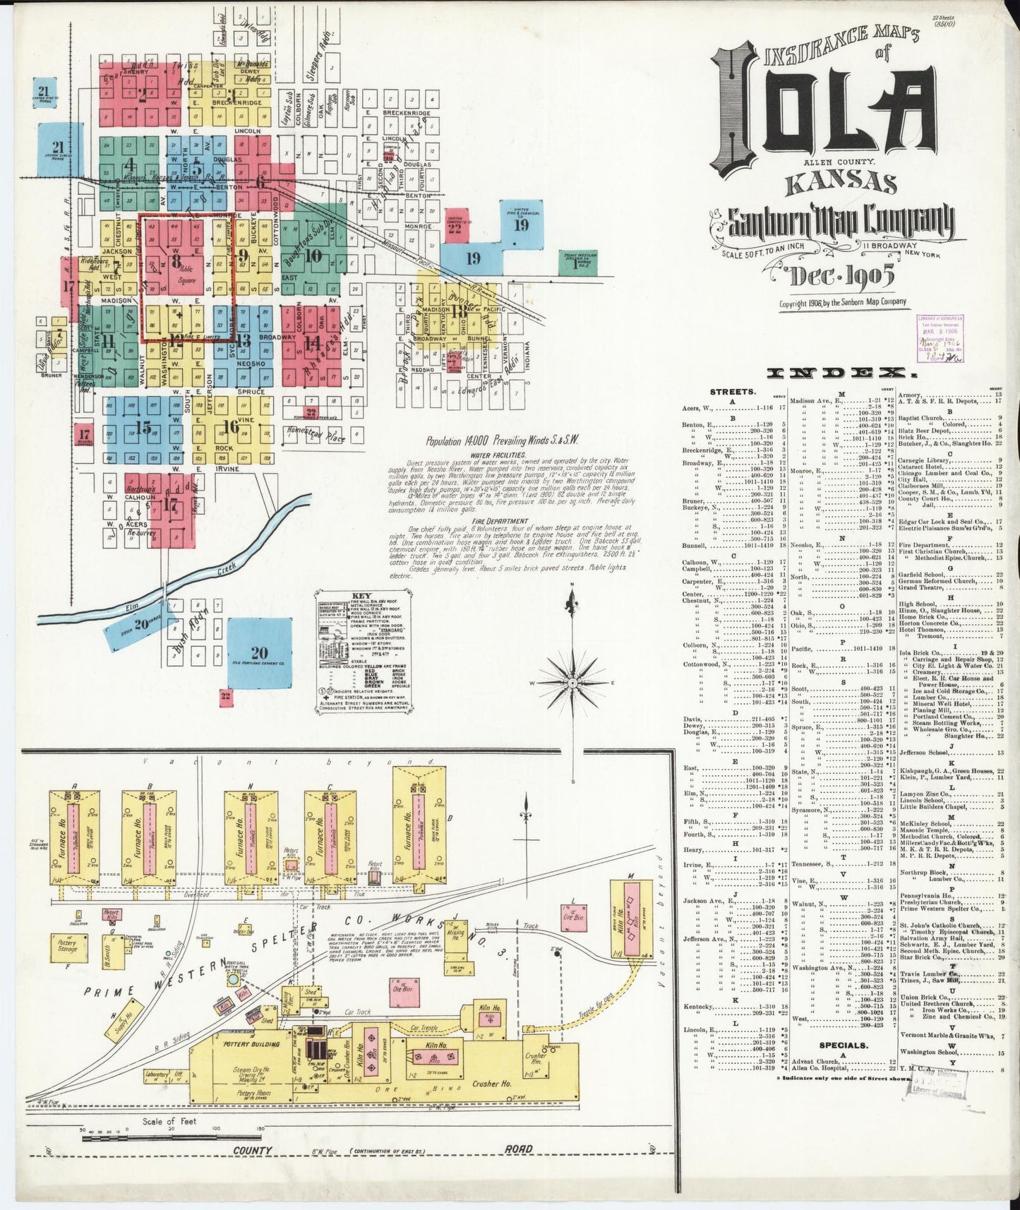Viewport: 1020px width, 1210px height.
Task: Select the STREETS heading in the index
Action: (733, 390)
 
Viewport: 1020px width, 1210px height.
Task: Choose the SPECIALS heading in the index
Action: (843, 1045)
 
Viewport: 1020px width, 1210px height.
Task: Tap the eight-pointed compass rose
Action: (572, 683)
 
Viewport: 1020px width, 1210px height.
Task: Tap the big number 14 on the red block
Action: (311, 341)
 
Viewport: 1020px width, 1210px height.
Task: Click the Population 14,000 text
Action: (502, 440)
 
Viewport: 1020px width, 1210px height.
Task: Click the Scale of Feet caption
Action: (169, 1120)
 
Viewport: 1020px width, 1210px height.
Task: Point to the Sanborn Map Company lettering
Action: (836, 222)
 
